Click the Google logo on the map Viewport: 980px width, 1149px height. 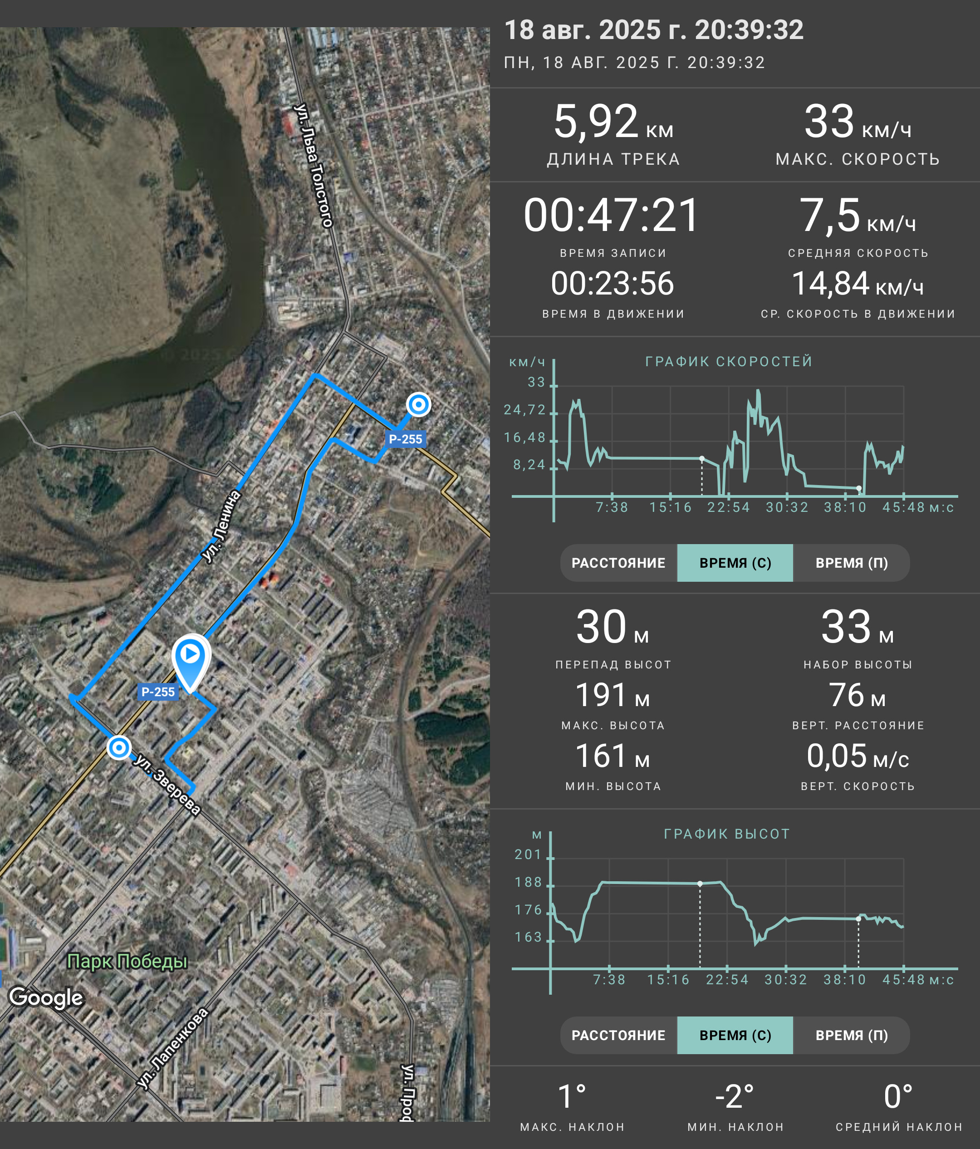pyautogui.click(x=46, y=997)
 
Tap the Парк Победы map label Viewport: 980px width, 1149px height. pyautogui.click(x=127, y=961)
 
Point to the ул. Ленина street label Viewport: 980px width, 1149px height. pyautogui.click(x=221, y=526)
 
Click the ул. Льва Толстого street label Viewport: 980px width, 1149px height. pyautogui.click(x=314, y=165)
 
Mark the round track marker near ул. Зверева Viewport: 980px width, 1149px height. pyautogui.click(x=118, y=747)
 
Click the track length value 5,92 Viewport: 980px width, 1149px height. pyautogui.click(x=596, y=122)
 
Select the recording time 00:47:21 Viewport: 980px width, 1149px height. pyautogui.click(x=612, y=215)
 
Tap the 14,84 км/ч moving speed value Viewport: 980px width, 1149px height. pyautogui.click(x=857, y=284)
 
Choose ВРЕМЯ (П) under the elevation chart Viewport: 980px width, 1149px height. pyautogui.click(x=852, y=1035)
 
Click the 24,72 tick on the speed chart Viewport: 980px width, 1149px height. pyautogui.click(x=524, y=410)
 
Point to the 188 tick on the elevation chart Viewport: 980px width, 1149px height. pyautogui.click(x=528, y=882)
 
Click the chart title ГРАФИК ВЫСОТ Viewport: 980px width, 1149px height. pyautogui.click(x=727, y=834)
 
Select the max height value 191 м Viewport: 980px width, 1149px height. pyautogui.click(x=612, y=695)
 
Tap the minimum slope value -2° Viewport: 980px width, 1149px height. pyautogui.click(x=735, y=1096)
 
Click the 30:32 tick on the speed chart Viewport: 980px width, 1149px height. pyautogui.click(x=787, y=507)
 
